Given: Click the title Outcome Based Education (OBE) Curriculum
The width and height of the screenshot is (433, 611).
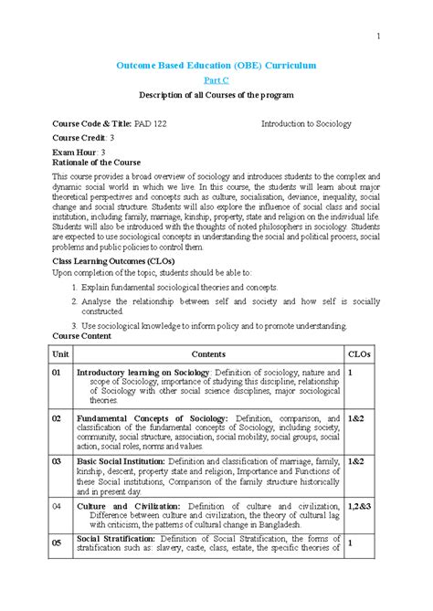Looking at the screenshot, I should point(216,66).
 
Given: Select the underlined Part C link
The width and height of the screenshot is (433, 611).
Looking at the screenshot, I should point(216,81).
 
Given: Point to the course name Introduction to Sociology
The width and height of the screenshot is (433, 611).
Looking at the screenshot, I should point(306,122).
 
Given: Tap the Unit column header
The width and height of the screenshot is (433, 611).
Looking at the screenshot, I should point(60,353).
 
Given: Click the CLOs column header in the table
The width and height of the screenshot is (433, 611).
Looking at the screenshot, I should point(360,353).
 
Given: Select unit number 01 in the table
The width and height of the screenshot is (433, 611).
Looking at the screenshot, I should point(58,373).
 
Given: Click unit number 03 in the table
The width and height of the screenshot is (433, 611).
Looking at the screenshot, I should point(58,462).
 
